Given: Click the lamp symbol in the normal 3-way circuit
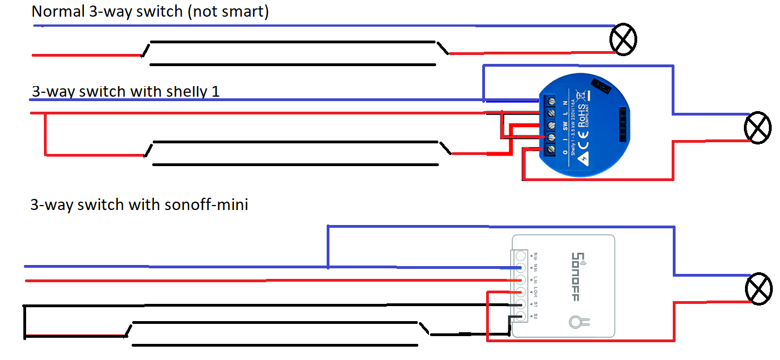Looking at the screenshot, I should pos(623,40).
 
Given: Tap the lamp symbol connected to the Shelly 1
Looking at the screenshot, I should pos(758,128).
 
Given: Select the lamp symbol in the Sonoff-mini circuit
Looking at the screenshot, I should pos(758,288).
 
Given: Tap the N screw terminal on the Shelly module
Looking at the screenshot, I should pos(551,101).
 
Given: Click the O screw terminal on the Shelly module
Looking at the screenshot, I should pos(551,148).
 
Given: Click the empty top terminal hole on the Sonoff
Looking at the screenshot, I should pos(521,256).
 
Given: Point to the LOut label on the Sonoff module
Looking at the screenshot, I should pos(536,292).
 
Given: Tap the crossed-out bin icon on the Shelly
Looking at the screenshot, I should pos(581,95).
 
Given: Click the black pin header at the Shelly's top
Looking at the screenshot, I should pos(601,85).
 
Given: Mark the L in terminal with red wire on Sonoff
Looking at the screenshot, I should pos(521,280).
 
